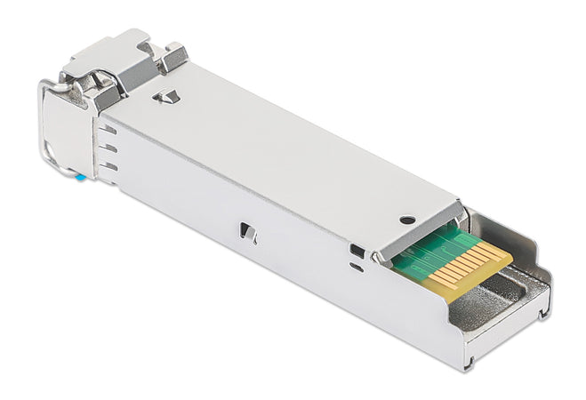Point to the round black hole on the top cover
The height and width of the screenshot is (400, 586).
(406, 220)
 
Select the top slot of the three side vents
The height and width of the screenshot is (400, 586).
(108, 130)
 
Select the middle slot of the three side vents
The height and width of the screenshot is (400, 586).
(108, 148)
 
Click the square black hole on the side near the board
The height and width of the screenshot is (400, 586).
(357, 251)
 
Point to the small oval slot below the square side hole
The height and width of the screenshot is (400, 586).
(357, 266)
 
